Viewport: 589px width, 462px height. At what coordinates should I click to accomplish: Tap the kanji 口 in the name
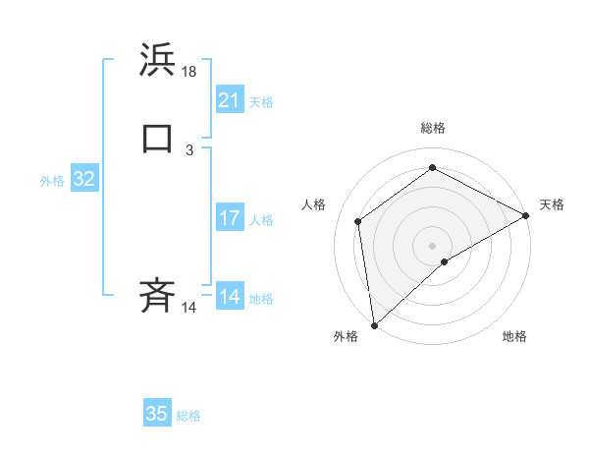pos(158,138)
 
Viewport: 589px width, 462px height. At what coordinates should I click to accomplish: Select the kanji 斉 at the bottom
pos(158,294)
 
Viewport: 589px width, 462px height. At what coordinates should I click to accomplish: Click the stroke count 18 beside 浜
pos(190,72)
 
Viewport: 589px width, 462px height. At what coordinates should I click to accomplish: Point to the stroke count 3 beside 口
pos(189,150)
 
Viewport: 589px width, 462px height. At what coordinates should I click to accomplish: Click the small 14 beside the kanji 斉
pos(189,308)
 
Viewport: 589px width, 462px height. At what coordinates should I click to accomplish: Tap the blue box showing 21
pos(230,100)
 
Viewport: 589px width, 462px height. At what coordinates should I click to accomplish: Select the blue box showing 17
pos(230,218)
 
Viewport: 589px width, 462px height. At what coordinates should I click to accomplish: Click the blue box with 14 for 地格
pos(230,297)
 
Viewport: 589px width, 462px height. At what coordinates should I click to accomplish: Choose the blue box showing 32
pos(84,179)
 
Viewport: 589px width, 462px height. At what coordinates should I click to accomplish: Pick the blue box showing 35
pos(157,414)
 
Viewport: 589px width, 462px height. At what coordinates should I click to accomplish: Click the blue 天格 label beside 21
pos(261,102)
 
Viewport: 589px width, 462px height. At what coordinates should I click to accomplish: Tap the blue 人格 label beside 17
pos(261,220)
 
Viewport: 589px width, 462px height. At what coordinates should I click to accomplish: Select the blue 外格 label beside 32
pos(52,181)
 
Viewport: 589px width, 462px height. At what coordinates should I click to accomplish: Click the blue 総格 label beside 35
pos(188,416)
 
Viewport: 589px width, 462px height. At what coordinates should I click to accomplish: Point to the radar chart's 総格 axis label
pos(433,128)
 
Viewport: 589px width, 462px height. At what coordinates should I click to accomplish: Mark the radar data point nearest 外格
pos(373,324)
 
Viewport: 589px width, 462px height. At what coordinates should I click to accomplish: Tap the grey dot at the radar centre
pos(433,245)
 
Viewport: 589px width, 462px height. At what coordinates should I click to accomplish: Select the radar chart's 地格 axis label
pos(514,337)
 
